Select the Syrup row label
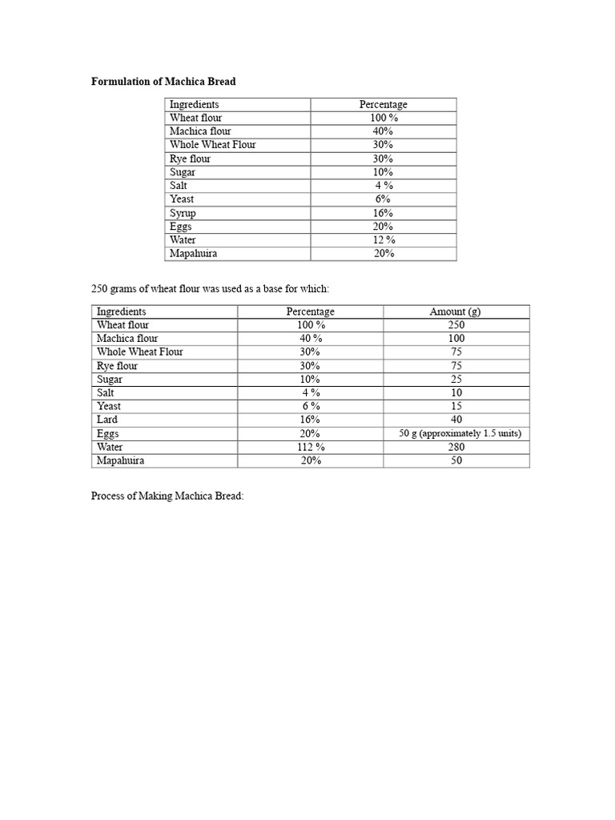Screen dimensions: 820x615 tap(183, 213)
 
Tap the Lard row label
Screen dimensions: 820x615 tap(107, 420)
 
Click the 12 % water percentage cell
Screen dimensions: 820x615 tap(384, 240)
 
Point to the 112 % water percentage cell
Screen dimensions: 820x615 tap(310, 448)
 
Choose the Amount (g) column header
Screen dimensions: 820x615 tap(456, 312)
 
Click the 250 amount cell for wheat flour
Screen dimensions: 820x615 tap(456, 325)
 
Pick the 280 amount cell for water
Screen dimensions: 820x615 tap(456, 448)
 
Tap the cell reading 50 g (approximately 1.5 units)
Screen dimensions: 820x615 tap(460, 434)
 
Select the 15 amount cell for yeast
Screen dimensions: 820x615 tap(456, 407)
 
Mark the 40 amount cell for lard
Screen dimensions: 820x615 tap(456, 420)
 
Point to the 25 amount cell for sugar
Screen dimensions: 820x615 tap(456, 379)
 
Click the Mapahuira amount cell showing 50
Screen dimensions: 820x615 tap(456, 461)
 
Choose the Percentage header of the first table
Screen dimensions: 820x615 tap(383, 104)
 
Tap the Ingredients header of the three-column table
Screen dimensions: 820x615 tap(122, 312)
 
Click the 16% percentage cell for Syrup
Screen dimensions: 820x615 tap(383, 213)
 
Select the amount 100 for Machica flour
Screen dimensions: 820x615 tap(456, 339)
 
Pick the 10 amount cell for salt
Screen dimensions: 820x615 tap(456, 393)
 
